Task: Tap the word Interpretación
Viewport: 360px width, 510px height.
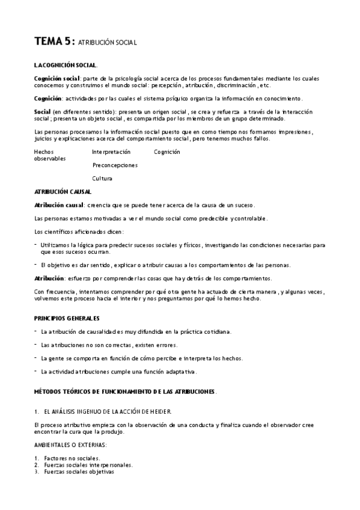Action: [x=111, y=152]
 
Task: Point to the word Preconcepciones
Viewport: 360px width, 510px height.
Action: [x=115, y=165]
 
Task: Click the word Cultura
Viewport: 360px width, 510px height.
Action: [x=102, y=179]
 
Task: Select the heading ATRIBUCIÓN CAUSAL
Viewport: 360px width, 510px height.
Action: [x=63, y=192]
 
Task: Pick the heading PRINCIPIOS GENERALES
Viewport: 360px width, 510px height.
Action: [x=67, y=318]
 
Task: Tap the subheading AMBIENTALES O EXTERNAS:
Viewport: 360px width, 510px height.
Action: [x=70, y=444]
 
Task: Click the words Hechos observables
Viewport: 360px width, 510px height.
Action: [x=49, y=155]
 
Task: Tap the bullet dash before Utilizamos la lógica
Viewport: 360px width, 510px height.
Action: [x=36, y=245]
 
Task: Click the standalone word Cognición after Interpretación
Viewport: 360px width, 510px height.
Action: [x=167, y=152]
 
